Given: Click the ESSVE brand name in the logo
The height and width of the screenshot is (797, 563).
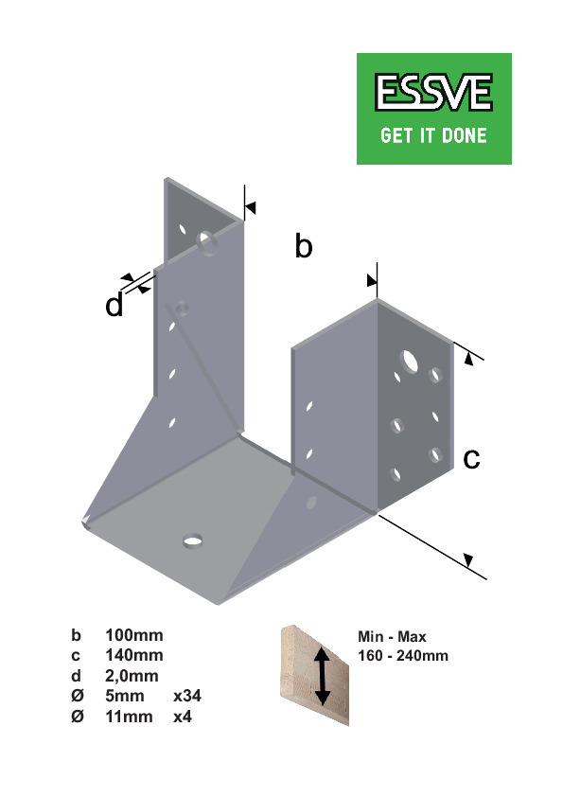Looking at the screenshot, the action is click(433, 92).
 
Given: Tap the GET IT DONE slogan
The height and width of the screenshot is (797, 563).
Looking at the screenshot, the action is click(433, 135).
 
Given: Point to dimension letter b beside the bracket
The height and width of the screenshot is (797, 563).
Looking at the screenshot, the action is click(304, 246).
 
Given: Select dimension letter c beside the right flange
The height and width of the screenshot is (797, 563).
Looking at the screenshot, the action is click(471, 459).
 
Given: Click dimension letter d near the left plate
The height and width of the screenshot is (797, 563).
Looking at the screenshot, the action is click(114, 305).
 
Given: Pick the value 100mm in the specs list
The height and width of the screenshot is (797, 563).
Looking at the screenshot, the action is click(134, 635).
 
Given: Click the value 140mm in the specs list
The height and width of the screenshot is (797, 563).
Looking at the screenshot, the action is click(134, 655).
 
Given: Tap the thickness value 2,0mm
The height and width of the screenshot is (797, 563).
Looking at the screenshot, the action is click(132, 676).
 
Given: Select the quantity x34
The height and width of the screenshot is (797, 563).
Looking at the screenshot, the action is click(187, 696).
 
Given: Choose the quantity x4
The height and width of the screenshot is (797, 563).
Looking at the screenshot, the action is click(183, 717).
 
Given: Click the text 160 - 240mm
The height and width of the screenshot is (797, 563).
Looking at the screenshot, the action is click(403, 656).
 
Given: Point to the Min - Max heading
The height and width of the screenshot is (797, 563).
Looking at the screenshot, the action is click(392, 636).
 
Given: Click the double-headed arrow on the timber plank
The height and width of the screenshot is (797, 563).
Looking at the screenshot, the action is click(322, 676).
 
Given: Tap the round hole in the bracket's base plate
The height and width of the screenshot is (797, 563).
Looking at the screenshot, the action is click(193, 540).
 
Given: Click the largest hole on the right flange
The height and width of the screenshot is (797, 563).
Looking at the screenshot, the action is click(409, 361).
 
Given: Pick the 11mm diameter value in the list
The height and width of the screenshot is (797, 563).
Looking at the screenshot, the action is click(129, 717).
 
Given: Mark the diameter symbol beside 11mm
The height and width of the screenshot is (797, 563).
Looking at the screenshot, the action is click(78, 717).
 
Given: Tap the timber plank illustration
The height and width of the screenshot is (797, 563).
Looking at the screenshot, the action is click(315, 675).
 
